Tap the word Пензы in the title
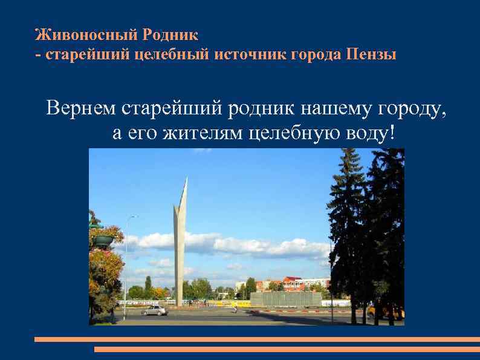point(372,55)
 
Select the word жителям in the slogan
point(203,133)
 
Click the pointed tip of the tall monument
point(186,179)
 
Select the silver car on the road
point(154,310)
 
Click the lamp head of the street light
point(133,217)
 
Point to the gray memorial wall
point(286,298)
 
